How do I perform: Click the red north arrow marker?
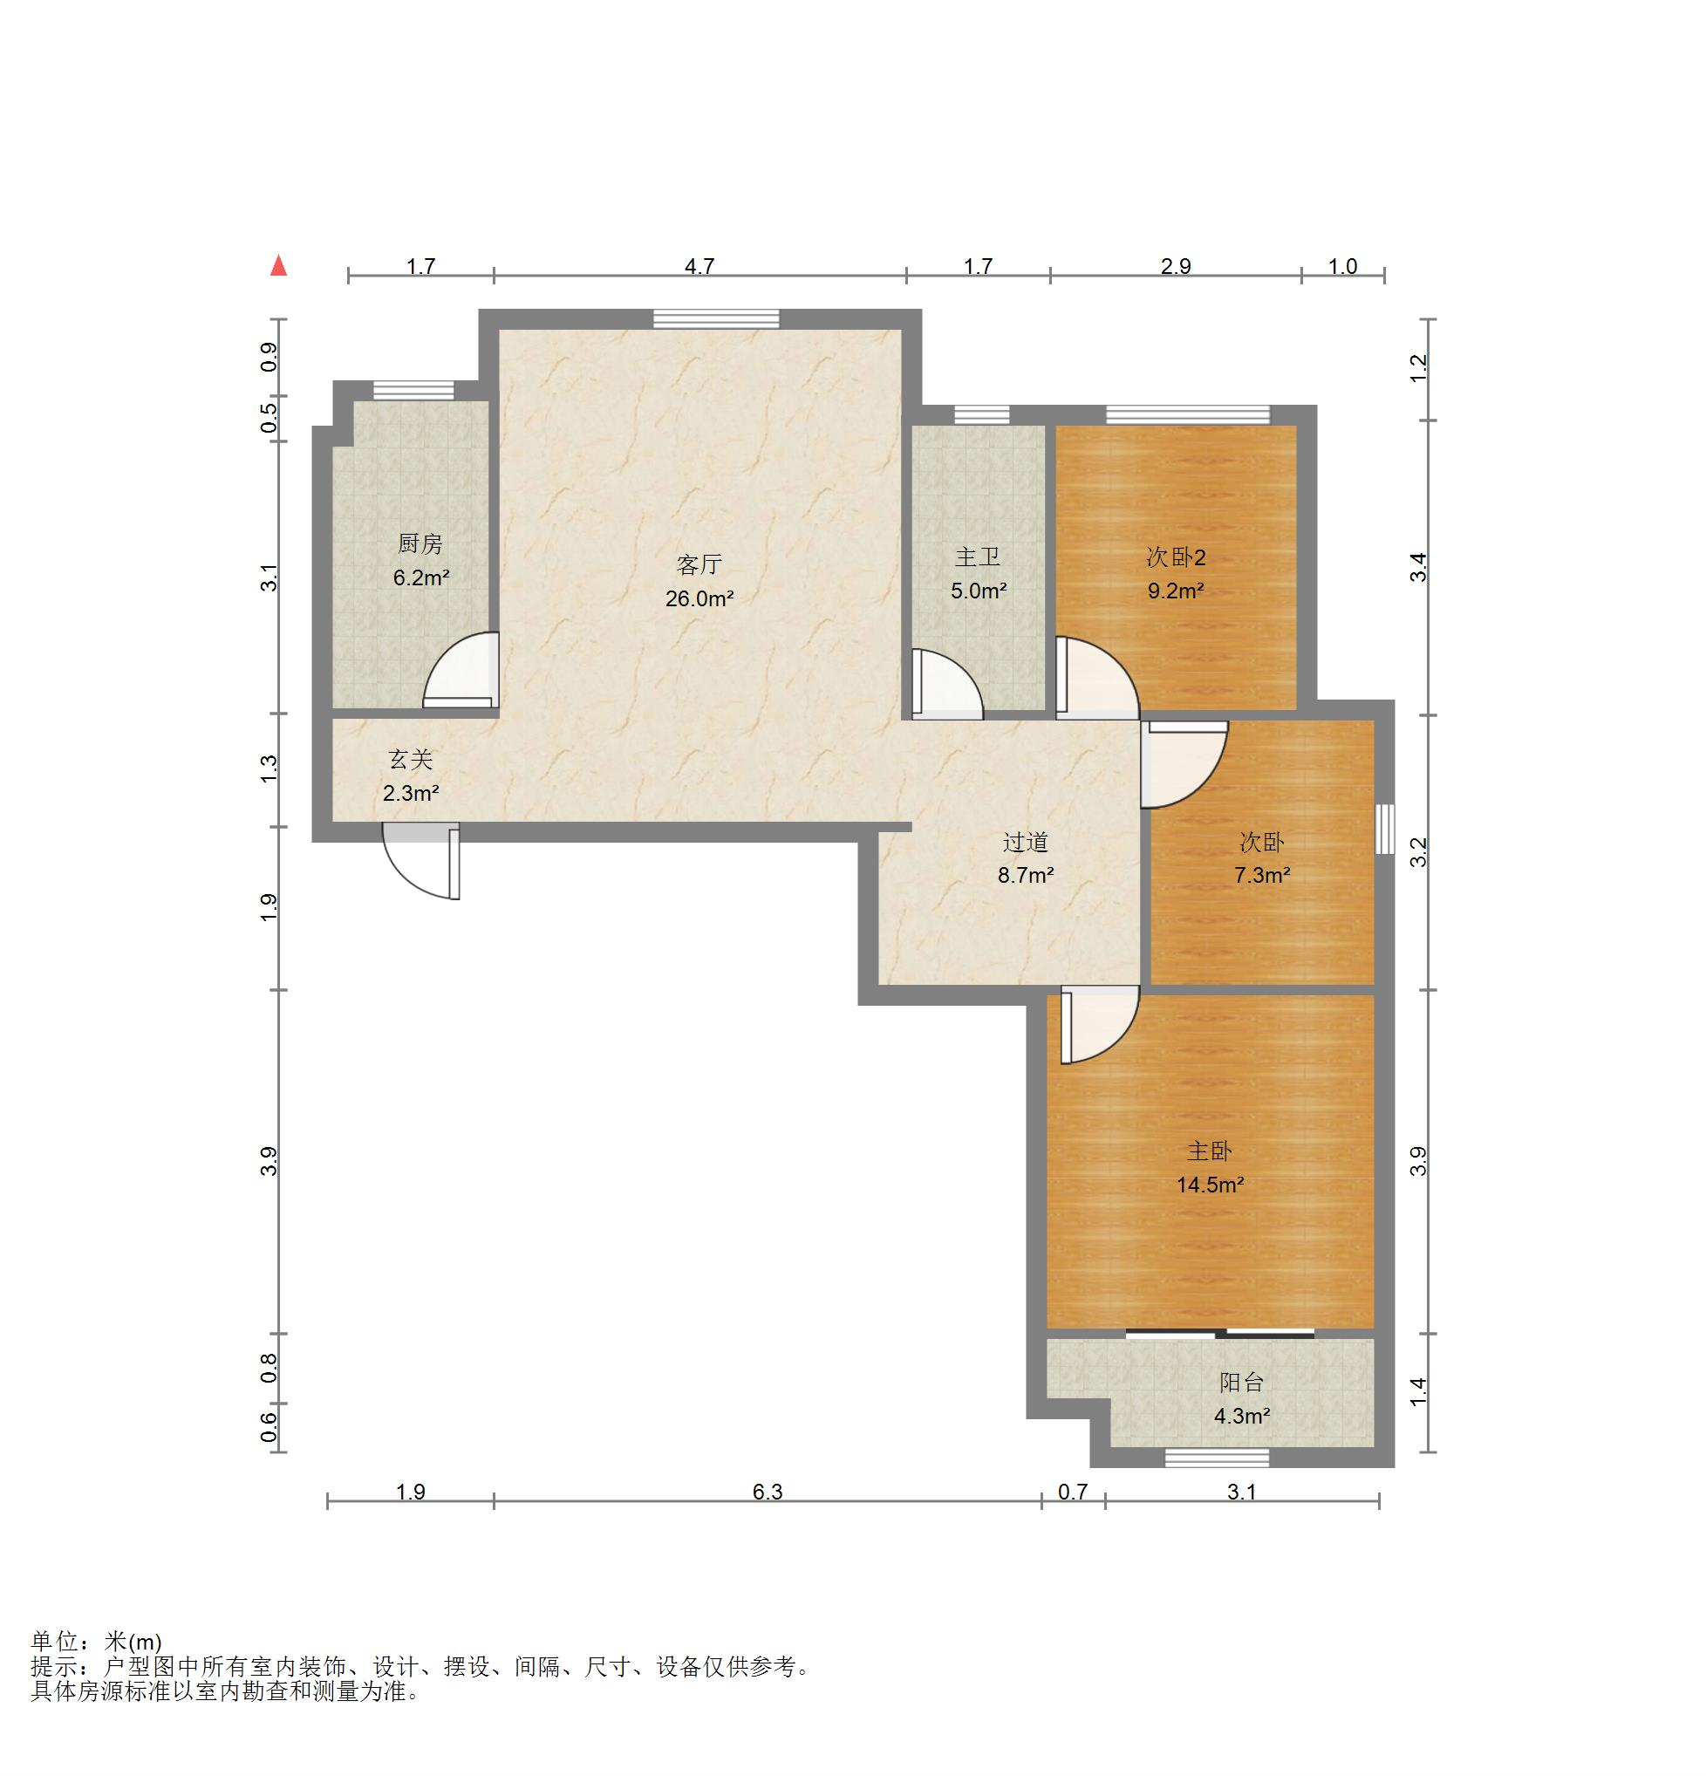(x=279, y=265)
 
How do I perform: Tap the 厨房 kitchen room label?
(x=420, y=543)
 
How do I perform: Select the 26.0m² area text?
(x=699, y=598)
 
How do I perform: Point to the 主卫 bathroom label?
(x=978, y=557)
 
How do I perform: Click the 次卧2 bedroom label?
(x=1176, y=557)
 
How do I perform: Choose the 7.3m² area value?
(x=1262, y=875)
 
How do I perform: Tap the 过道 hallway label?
(x=1026, y=843)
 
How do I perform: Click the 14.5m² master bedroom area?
(x=1211, y=1185)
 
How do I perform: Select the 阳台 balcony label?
(x=1241, y=1382)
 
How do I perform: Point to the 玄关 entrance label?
(x=412, y=759)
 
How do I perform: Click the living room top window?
(x=717, y=318)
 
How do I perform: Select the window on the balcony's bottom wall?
(x=1217, y=1458)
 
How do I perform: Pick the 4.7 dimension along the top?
(x=699, y=266)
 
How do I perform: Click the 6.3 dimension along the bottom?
(x=768, y=1492)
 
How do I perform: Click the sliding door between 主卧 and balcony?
(x=1220, y=1333)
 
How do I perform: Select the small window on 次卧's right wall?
(x=1384, y=828)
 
